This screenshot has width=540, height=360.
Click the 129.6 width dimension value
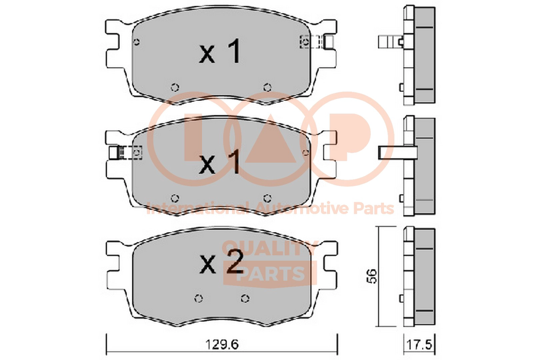pos(222,345)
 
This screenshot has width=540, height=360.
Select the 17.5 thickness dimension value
pos(419,345)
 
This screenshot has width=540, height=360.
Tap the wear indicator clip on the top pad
pos(317,42)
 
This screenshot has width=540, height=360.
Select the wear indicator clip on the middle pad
pos(125,152)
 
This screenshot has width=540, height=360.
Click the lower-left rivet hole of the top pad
pos(175,87)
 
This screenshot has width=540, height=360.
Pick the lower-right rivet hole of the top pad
pos(267,87)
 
